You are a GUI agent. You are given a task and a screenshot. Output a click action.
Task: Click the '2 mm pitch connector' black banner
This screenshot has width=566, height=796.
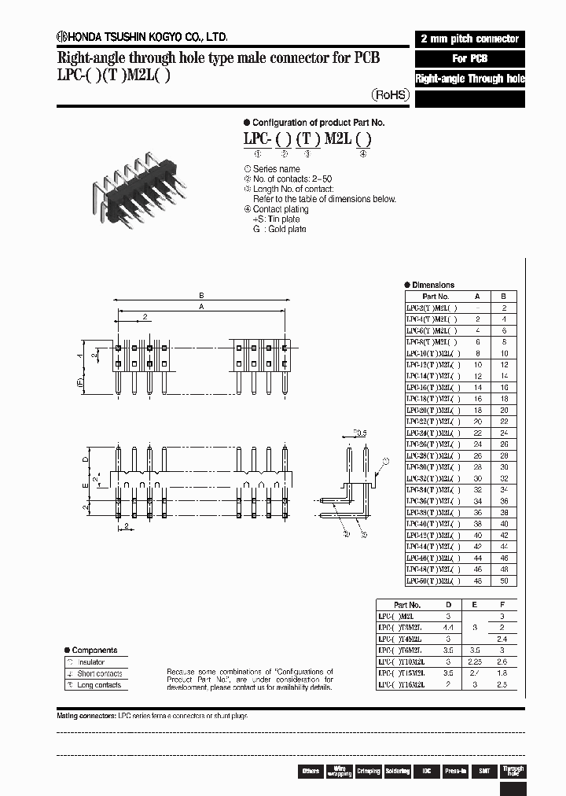click(x=469, y=39)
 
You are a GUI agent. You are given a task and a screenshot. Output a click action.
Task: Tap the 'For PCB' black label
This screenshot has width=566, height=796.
click(x=469, y=59)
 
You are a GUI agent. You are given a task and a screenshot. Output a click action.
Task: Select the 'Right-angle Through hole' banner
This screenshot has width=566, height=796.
click(x=469, y=79)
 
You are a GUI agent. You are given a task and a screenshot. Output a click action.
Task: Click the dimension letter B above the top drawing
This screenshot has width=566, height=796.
click(x=201, y=296)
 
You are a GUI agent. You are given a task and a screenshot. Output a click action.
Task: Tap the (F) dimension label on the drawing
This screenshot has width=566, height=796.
click(x=79, y=383)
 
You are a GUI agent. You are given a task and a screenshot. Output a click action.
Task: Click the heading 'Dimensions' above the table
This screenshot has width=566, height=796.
click(x=432, y=285)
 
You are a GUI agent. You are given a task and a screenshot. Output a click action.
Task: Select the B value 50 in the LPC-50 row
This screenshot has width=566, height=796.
click(x=504, y=580)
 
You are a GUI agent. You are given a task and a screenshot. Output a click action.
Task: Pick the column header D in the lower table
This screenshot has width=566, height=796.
click(x=449, y=605)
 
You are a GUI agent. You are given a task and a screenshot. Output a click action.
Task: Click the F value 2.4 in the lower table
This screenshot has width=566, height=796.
click(x=504, y=639)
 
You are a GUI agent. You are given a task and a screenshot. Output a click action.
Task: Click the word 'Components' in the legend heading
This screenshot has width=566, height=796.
click(x=94, y=650)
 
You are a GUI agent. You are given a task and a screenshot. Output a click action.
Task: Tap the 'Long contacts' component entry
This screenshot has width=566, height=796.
click(x=99, y=685)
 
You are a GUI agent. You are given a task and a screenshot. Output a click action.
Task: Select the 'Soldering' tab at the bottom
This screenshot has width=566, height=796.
click(x=397, y=771)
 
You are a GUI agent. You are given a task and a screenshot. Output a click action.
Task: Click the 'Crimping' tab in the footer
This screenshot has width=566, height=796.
click(x=368, y=771)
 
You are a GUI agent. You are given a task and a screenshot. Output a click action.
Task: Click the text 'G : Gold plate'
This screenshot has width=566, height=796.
click(x=279, y=229)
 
